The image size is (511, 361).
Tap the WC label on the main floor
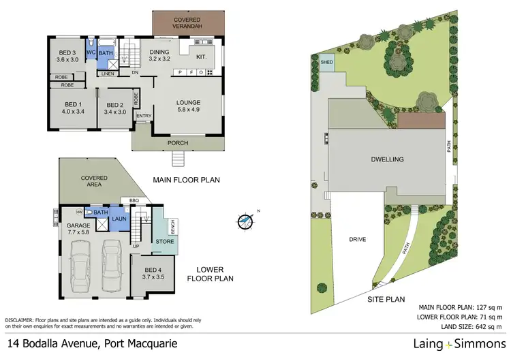pos(90,52)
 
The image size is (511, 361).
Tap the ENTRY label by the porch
pos(144,116)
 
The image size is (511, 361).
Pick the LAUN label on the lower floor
pos(119,219)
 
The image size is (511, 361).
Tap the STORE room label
pos(164,240)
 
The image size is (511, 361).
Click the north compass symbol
pos(246,221)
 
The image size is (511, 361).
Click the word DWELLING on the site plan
pos(388,159)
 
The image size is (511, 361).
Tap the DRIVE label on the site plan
pos(358,239)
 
